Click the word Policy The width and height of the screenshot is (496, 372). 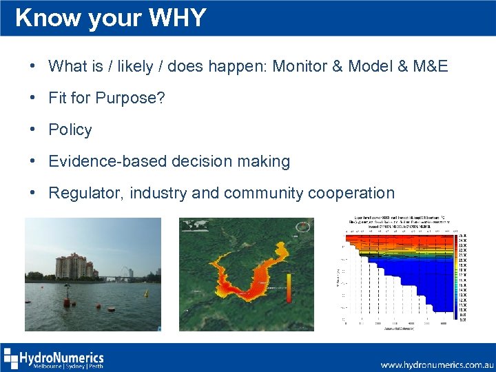coord(70,130)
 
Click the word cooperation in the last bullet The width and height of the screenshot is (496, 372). coord(351,193)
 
